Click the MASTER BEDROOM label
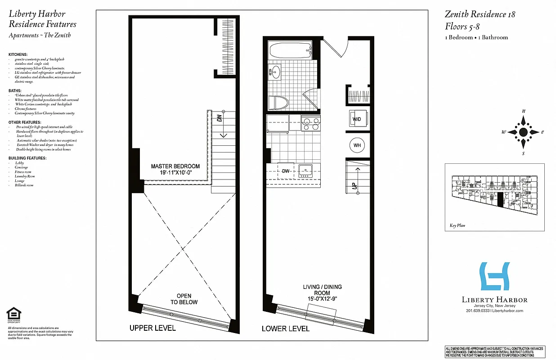175,169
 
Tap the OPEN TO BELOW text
184,299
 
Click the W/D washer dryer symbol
357,119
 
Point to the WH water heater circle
357,145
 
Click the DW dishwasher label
285,171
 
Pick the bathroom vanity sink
274,72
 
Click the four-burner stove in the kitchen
310,123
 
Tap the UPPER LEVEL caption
152,328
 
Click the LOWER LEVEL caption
286,328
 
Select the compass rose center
523,132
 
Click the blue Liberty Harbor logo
494,276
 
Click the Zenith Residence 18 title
480,14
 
